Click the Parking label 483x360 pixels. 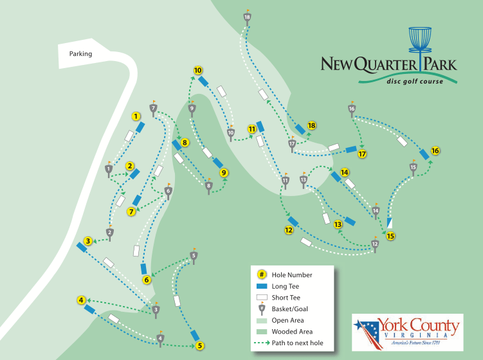(80, 54)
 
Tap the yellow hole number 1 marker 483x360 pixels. (136, 116)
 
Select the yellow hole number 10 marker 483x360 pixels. (198, 70)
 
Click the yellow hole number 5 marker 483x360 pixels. (200, 345)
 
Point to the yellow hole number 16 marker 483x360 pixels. (435, 150)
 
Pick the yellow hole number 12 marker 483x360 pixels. (289, 230)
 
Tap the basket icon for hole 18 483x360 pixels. (247, 17)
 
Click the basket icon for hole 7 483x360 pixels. (153, 108)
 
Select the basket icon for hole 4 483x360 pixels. (161, 337)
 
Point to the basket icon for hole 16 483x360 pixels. (352, 109)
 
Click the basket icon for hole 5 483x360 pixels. (194, 255)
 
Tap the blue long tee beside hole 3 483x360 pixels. (82, 246)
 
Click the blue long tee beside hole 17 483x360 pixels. (351, 149)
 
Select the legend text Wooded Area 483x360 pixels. (288, 332)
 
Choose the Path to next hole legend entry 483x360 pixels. (297, 343)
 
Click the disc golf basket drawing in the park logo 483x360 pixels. (421, 40)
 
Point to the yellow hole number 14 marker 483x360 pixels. (345, 172)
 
